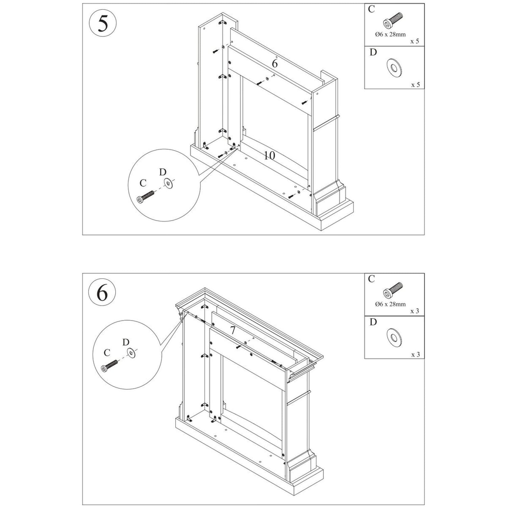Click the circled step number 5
coord(103,24)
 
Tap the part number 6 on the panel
coord(275,64)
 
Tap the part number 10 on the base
coord(269,155)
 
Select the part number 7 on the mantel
coord(233,331)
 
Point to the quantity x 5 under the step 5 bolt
coord(415,42)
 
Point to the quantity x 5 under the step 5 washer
coord(415,85)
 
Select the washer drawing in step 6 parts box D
coord(394,337)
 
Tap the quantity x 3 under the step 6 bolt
coord(415,311)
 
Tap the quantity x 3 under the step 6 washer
coord(415,355)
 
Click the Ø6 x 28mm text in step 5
coord(390,34)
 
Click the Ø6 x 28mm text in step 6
coord(390,304)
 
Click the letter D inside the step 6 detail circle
coord(126,342)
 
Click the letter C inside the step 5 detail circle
coord(143,183)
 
